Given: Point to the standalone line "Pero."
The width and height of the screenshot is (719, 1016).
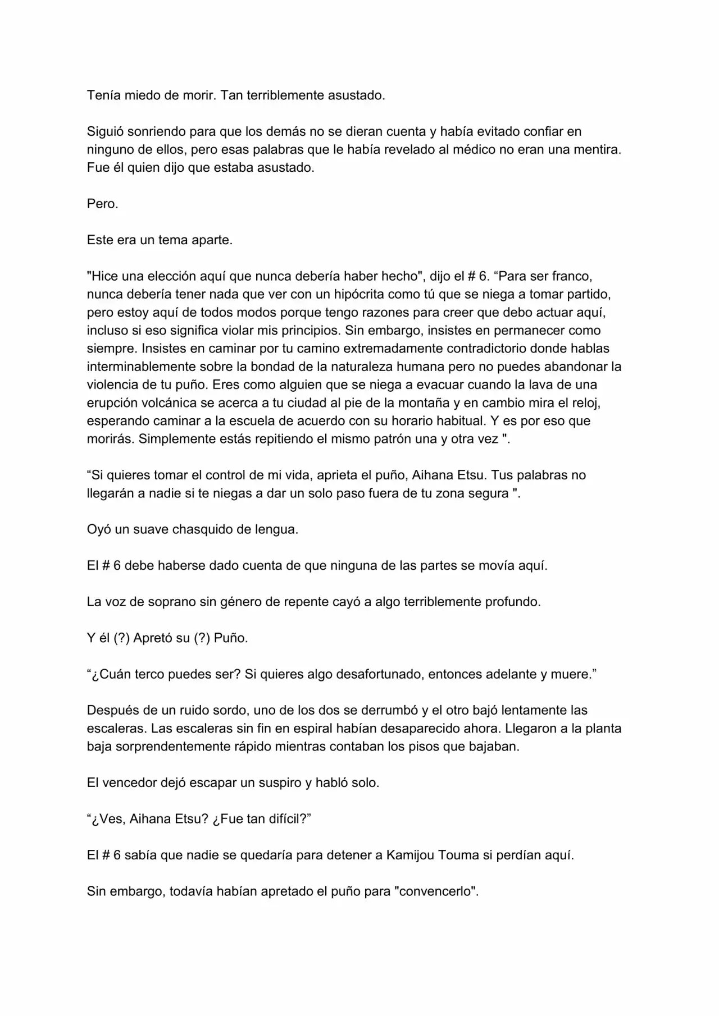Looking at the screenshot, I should point(103,204).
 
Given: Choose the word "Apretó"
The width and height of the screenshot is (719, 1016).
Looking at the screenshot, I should point(152,638).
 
